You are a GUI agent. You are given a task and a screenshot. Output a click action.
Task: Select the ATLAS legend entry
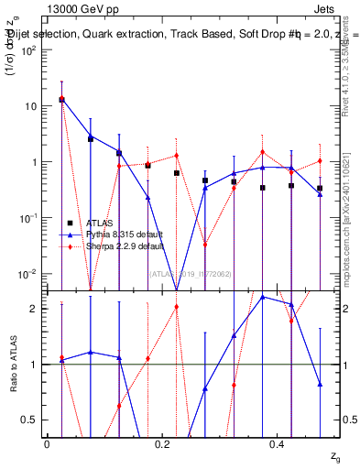(x=97, y=223)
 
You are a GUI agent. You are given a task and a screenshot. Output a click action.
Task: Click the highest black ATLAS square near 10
(x=61, y=99)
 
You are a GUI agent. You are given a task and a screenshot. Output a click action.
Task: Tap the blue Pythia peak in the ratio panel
(x=263, y=297)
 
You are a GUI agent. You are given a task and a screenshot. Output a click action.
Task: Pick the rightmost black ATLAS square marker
(x=320, y=189)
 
